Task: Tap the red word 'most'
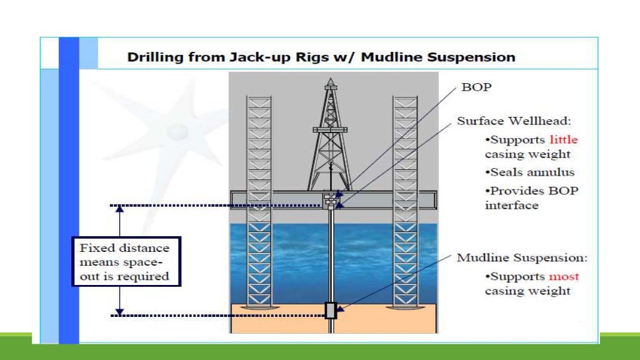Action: click(564, 276)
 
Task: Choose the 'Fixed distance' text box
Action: click(126, 262)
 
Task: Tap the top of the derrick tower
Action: click(329, 83)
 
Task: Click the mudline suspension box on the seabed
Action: click(331, 310)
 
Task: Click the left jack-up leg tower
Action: click(259, 200)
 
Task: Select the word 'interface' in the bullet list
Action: click(511, 205)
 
